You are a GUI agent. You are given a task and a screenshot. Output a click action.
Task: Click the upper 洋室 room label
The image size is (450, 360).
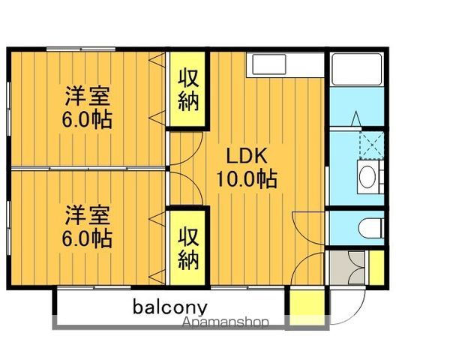[x=88, y=97]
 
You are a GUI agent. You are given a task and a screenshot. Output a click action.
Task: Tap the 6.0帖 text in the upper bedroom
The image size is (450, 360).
[x=88, y=119]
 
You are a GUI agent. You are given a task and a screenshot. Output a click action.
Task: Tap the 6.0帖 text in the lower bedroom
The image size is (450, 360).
[x=88, y=238]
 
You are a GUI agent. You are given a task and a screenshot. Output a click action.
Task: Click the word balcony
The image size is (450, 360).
[x=170, y=307]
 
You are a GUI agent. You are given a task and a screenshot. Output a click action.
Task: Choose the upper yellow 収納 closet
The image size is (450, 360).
[x=188, y=90]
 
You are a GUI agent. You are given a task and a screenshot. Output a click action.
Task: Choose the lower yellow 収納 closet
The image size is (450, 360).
[x=188, y=248]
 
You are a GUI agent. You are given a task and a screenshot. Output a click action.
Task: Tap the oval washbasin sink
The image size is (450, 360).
[x=367, y=178]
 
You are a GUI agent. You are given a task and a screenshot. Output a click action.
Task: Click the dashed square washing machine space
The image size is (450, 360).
[x=370, y=143]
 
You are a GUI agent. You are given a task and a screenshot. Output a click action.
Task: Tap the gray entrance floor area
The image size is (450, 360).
[x=347, y=268]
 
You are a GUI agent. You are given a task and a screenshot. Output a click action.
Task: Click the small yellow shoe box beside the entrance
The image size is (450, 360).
[x=376, y=268]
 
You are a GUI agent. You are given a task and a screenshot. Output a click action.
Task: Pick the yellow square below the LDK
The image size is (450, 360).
[x=304, y=303]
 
